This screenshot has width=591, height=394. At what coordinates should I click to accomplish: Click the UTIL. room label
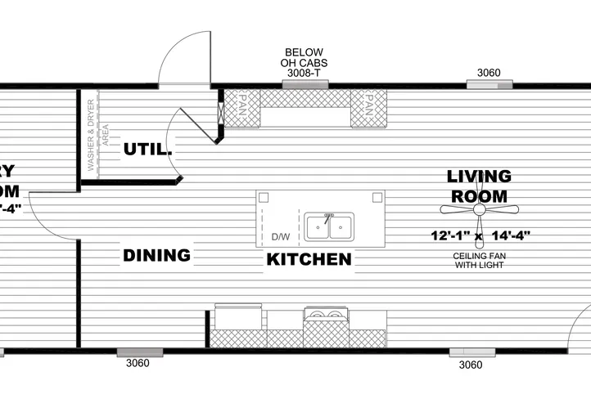click(148, 150)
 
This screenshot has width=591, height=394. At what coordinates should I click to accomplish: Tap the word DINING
click(156, 255)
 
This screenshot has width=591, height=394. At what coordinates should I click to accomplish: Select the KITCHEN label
click(309, 260)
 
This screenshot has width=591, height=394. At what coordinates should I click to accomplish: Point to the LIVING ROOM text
click(480, 186)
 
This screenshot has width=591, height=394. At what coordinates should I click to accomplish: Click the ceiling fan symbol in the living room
click(480, 210)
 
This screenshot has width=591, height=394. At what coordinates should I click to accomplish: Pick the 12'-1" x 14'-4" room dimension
click(480, 236)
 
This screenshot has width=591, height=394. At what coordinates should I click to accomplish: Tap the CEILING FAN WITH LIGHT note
click(480, 261)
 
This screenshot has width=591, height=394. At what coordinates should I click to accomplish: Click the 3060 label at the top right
click(489, 73)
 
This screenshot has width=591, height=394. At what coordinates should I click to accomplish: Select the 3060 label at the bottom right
click(471, 365)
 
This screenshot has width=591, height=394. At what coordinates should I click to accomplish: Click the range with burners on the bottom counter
click(325, 317)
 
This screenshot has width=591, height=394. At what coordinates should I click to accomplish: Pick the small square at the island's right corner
click(377, 197)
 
